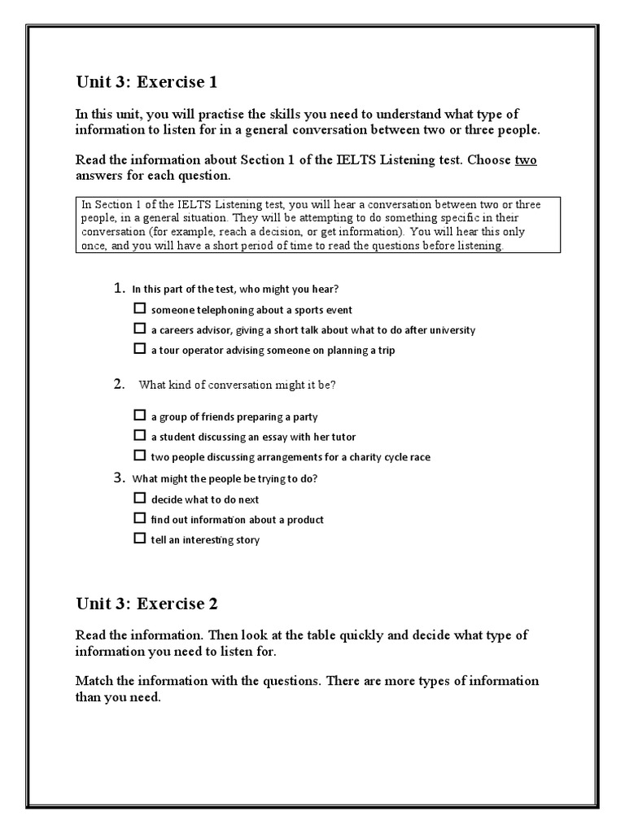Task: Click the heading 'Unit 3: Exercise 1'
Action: tap(147, 82)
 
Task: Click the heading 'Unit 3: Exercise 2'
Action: tap(147, 604)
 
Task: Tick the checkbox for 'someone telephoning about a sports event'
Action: tap(140, 309)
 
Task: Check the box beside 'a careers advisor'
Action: tap(140, 329)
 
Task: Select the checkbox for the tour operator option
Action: tap(140, 350)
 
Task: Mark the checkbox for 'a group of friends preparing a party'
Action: tap(140, 416)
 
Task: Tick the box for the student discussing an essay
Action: tap(140, 436)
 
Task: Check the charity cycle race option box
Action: tap(140, 456)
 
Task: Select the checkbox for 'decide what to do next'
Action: tap(140, 499)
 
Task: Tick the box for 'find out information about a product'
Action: tap(140, 519)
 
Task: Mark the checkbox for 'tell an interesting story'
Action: tap(140, 539)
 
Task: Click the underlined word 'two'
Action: tap(526, 160)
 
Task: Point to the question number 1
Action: tap(118, 289)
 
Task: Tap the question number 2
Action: tap(118, 384)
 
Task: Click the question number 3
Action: tap(118, 478)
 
